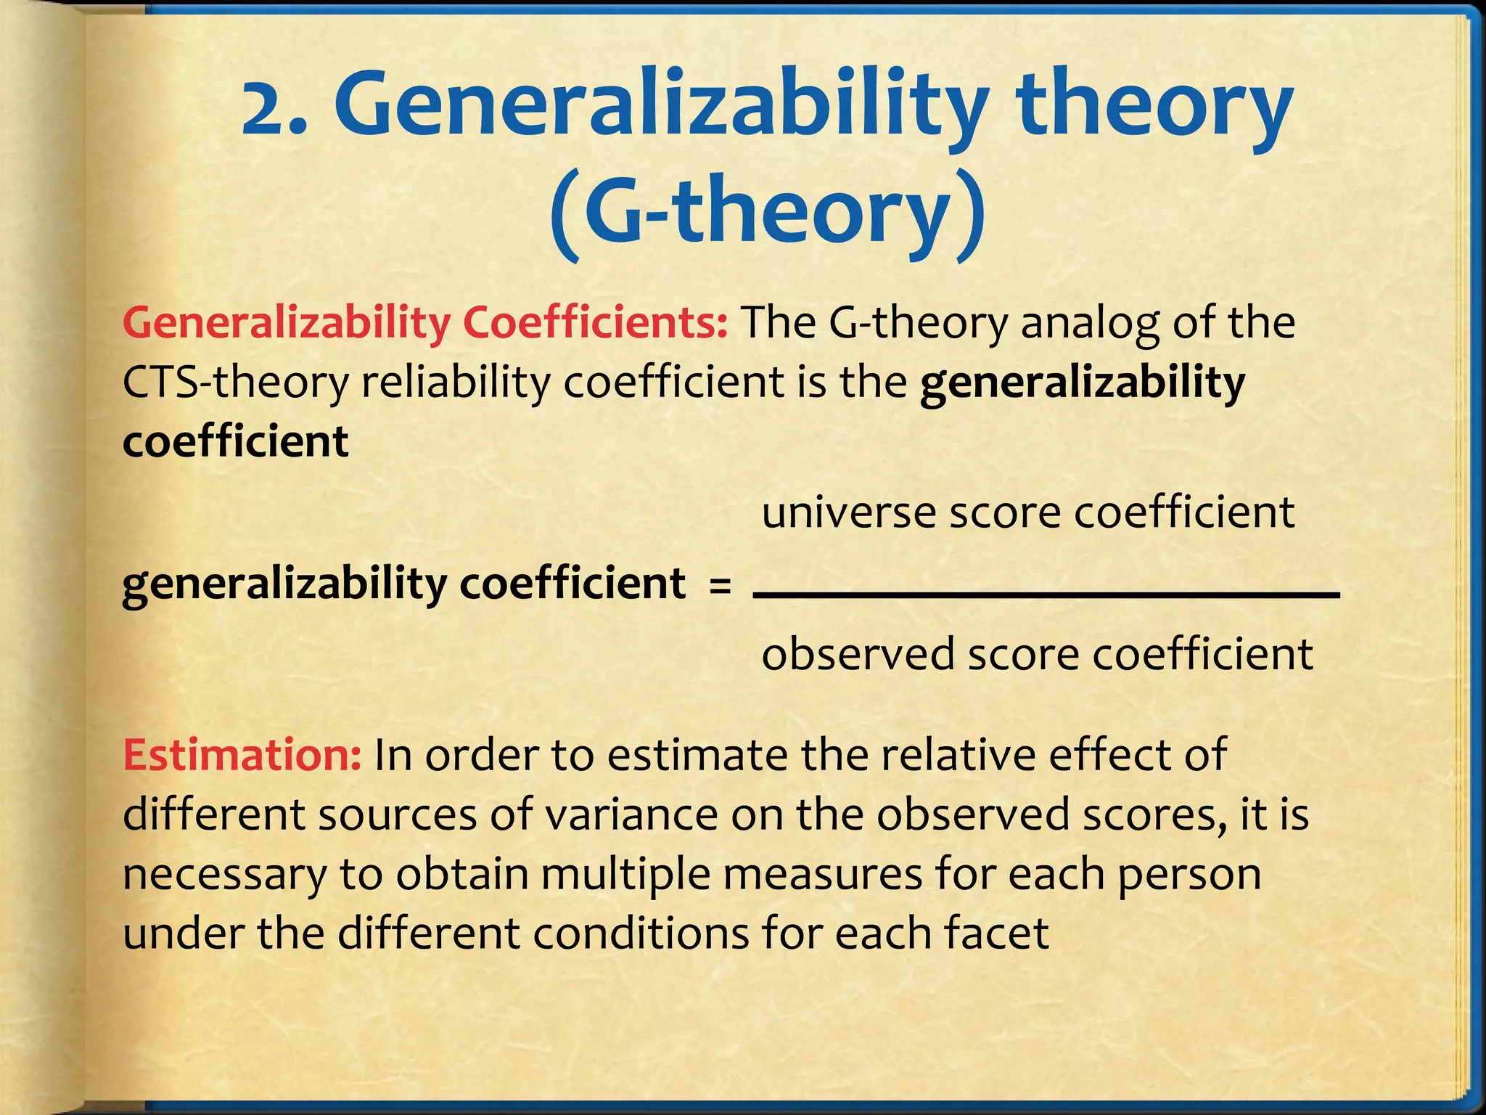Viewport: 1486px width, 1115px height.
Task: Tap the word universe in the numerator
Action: (x=848, y=512)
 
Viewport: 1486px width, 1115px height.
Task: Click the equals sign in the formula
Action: (x=720, y=585)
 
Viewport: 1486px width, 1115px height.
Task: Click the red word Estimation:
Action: (x=242, y=755)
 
